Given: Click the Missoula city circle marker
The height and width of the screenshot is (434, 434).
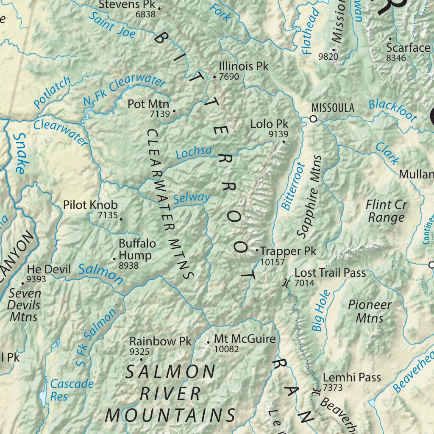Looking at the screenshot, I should pyautogui.click(x=313, y=119).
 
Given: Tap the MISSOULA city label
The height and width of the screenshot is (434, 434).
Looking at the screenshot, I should pyautogui.click(x=332, y=108).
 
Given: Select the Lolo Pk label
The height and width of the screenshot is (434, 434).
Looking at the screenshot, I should pyautogui.click(x=269, y=124).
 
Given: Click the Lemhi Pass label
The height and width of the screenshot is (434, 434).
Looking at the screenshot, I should pyautogui.click(x=352, y=377).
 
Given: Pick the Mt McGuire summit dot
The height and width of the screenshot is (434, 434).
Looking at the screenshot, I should pyautogui.click(x=208, y=342).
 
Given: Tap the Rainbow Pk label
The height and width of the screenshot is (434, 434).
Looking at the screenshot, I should pyautogui.click(x=161, y=341).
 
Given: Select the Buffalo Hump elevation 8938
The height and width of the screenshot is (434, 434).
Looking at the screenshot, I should pyautogui.click(x=129, y=265).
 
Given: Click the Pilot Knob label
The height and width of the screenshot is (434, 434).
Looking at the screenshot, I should pyautogui.click(x=90, y=205).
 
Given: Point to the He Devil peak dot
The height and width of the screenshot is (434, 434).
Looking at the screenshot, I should pyautogui.click(x=22, y=283).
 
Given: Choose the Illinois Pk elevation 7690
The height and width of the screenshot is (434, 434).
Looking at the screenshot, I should pyautogui.click(x=229, y=77).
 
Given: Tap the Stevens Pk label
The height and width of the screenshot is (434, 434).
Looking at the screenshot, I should pyautogui.click(x=125, y=5).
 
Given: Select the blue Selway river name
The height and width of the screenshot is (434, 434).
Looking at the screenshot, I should pyautogui.click(x=192, y=198).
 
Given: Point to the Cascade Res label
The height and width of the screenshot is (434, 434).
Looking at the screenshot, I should pyautogui.click(x=72, y=390).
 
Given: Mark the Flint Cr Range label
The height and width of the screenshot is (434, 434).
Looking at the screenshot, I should pyautogui.click(x=386, y=211).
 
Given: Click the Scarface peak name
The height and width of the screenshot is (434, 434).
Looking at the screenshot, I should pyautogui.click(x=408, y=48).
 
